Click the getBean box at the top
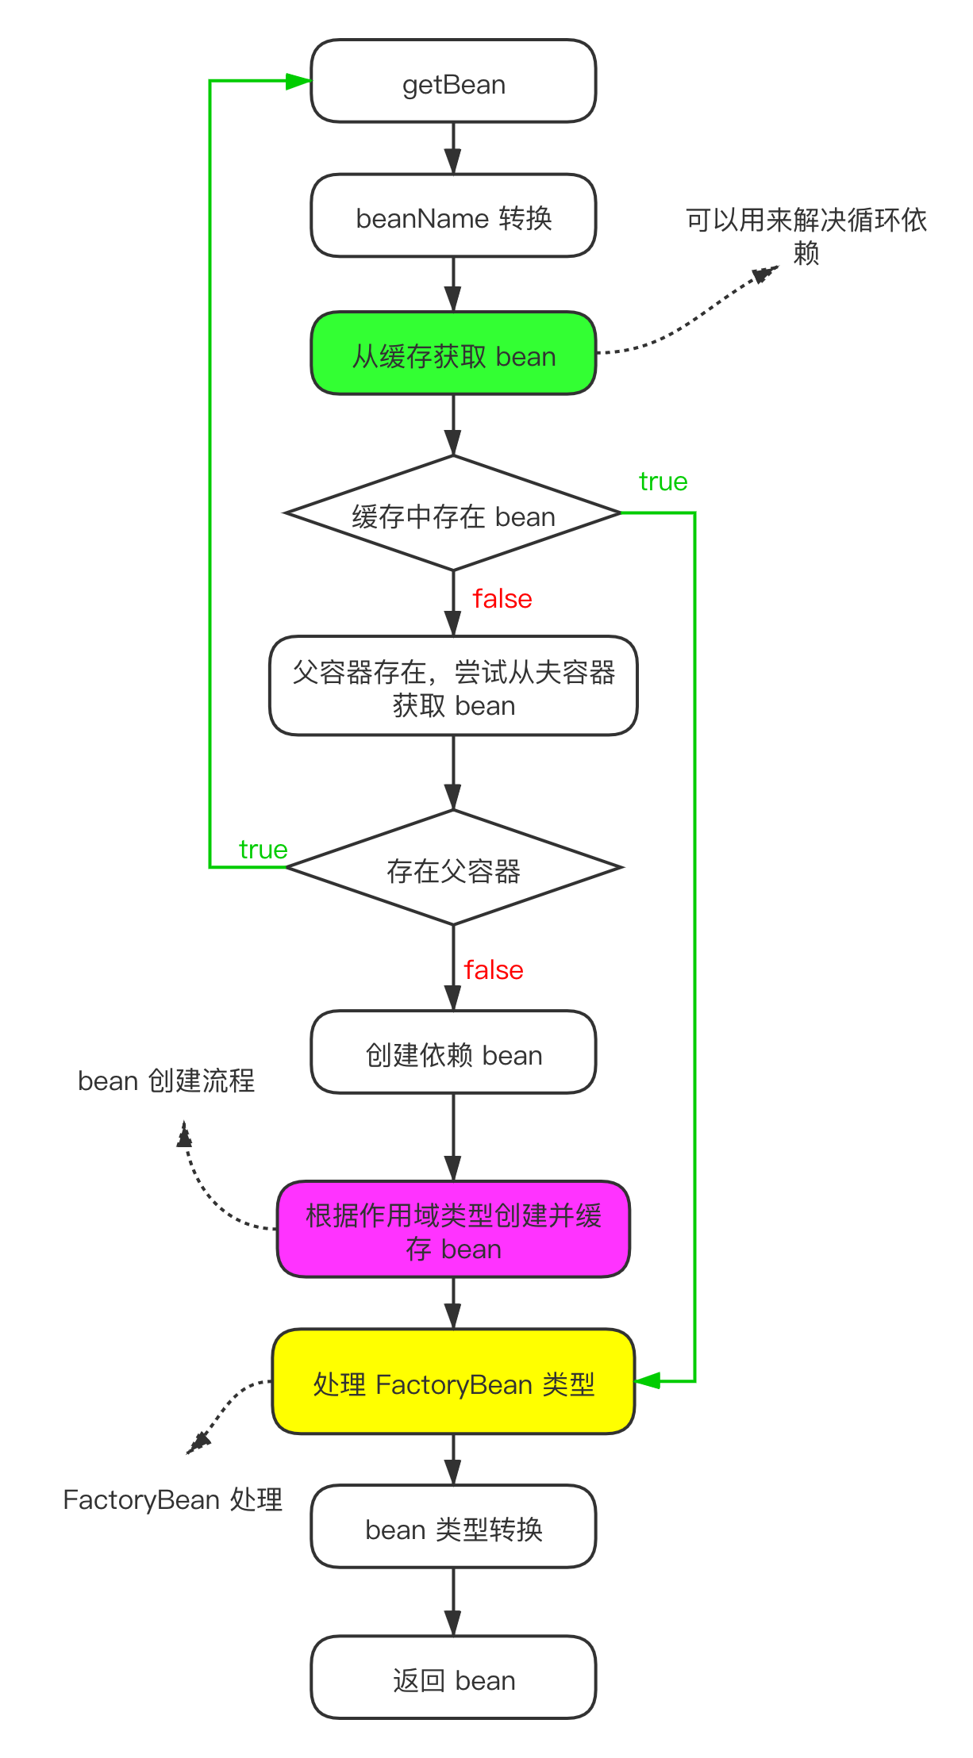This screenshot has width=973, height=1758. (453, 83)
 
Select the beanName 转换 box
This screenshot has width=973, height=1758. (453, 217)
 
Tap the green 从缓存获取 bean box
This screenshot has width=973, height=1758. (453, 355)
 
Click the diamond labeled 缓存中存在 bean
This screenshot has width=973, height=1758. (453, 515)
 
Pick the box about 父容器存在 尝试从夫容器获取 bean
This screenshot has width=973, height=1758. (453, 687)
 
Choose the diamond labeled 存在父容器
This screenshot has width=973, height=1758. (453, 869)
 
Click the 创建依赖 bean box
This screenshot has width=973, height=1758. (453, 1054)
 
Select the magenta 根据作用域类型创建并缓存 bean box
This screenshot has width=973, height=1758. (453, 1230)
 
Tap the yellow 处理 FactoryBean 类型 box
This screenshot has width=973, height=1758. (453, 1383)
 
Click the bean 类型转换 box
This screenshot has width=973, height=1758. (453, 1528)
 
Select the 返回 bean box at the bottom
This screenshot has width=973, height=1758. (453, 1679)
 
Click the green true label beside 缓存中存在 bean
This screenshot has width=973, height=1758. (663, 482)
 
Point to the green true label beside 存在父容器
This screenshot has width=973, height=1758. (263, 850)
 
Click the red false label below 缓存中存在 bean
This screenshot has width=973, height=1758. (502, 599)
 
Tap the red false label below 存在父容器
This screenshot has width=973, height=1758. (493, 970)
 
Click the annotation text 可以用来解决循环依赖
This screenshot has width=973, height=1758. (806, 236)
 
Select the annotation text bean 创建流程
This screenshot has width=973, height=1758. (166, 1081)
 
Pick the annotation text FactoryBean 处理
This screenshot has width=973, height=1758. (172, 1499)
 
